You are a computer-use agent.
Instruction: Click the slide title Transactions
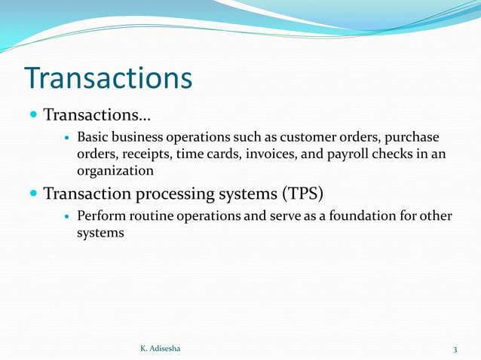coord(108,78)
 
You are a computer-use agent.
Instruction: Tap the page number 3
coord(455,349)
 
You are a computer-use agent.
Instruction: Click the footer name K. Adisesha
coord(161,349)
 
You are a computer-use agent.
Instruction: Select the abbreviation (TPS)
coord(302,194)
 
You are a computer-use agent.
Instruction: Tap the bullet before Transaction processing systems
coord(34,194)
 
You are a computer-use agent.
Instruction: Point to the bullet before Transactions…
coord(34,116)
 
